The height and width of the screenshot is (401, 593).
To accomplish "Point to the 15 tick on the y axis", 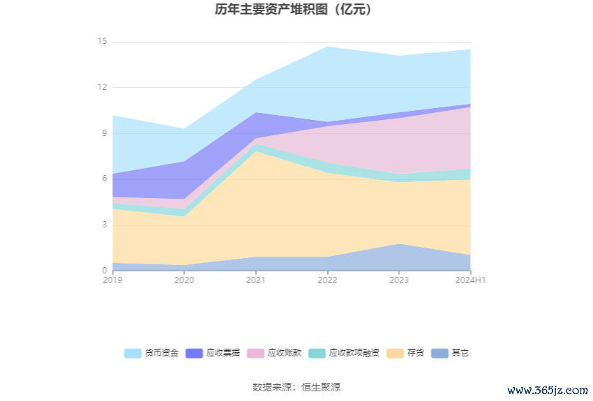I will (x=102, y=42).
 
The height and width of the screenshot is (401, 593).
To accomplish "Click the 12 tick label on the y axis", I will (x=102, y=87).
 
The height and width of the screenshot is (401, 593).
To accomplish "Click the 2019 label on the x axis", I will (x=112, y=280).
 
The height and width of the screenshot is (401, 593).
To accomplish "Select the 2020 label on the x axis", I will (x=183, y=280).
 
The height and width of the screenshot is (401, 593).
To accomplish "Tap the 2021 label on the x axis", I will (x=255, y=280).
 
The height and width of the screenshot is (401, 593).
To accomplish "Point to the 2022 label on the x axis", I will (x=327, y=280).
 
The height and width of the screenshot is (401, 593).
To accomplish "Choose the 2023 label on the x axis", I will (x=398, y=280).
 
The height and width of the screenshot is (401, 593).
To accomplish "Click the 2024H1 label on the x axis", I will (x=470, y=280).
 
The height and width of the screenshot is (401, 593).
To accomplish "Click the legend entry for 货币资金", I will (x=151, y=353).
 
